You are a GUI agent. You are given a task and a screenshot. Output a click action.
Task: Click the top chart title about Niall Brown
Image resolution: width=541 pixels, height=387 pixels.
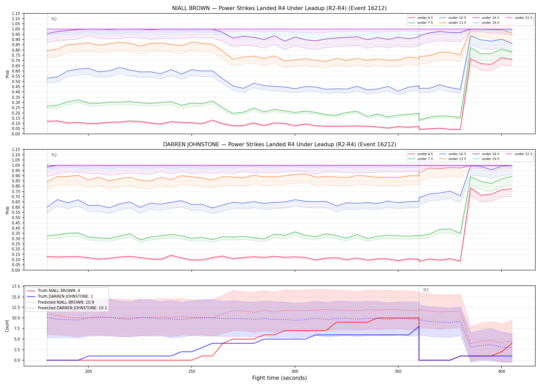coord(279,8)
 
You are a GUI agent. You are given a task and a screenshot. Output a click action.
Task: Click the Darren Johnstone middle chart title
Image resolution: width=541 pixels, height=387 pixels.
coord(280,144)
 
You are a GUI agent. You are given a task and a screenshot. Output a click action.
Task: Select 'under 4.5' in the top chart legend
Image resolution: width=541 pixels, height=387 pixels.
coord(425,18)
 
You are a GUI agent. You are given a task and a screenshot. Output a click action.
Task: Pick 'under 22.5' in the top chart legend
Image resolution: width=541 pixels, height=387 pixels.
coord(523,18)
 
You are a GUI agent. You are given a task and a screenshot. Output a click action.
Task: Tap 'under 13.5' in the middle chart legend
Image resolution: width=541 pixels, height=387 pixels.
coord(457,159)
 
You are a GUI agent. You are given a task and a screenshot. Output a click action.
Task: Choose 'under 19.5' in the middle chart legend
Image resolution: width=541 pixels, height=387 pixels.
coord(490,159)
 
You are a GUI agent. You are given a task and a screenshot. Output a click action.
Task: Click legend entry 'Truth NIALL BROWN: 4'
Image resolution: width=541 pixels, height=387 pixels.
coord(59,291)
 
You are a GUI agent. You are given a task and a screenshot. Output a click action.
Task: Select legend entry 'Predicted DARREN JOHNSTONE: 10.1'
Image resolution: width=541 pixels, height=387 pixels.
coord(72,308)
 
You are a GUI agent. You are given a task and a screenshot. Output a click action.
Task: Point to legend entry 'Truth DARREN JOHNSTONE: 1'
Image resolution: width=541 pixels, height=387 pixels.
coord(65,296)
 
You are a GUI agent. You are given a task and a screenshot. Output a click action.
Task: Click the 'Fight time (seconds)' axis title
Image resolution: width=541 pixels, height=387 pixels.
coord(280,378)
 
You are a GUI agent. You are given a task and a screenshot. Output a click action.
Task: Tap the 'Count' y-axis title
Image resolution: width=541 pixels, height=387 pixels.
coord(7,326)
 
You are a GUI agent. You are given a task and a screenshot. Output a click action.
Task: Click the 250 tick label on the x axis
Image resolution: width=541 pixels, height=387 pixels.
coord(191,371)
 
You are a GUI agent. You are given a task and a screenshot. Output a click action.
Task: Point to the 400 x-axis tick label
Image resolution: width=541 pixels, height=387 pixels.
coord(501,371)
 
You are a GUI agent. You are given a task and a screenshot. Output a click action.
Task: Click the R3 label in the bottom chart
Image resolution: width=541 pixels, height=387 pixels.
coord(426,290)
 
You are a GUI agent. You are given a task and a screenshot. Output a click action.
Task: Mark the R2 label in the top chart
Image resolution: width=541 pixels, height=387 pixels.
coord(54,19)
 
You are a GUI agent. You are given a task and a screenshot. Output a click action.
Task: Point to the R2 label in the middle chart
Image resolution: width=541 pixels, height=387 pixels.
coord(54,155)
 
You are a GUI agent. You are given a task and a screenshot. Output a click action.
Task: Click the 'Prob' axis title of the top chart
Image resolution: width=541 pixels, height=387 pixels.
coord(7,74)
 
